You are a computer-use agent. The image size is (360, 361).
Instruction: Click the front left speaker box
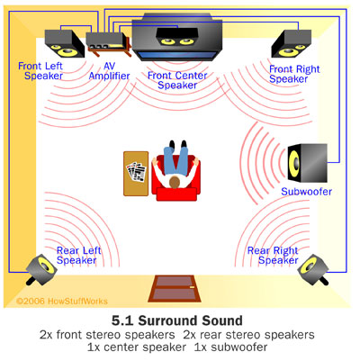tap(65, 43)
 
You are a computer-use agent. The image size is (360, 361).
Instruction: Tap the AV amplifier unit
tap(109, 44)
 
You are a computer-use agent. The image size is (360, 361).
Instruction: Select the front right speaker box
tap(292, 44)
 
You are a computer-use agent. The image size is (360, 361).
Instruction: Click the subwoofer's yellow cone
tap(293, 163)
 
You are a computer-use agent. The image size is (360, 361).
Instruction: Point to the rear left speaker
tap(41, 269)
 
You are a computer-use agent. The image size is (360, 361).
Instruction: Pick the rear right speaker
tap(313, 269)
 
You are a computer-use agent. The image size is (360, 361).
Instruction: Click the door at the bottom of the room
tap(175, 289)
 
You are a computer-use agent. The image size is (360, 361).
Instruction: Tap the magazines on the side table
tap(136, 172)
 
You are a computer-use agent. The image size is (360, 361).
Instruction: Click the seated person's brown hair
tap(175, 182)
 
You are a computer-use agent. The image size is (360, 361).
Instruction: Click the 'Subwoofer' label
tap(306, 192)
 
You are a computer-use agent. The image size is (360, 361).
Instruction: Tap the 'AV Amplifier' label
tap(109, 71)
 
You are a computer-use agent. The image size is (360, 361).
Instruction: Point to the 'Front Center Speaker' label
tap(177, 80)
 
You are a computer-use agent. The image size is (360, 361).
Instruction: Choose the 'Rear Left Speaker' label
tap(78, 256)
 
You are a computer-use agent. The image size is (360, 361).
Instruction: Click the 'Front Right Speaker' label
tap(294, 74)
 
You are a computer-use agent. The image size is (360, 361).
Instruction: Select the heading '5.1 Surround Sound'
tap(177, 320)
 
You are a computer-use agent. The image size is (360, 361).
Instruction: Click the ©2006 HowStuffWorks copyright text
tap(61, 301)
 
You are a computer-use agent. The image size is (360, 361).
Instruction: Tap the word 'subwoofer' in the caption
tap(239, 347)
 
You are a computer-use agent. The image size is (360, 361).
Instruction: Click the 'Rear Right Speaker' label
tap(273, 256)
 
